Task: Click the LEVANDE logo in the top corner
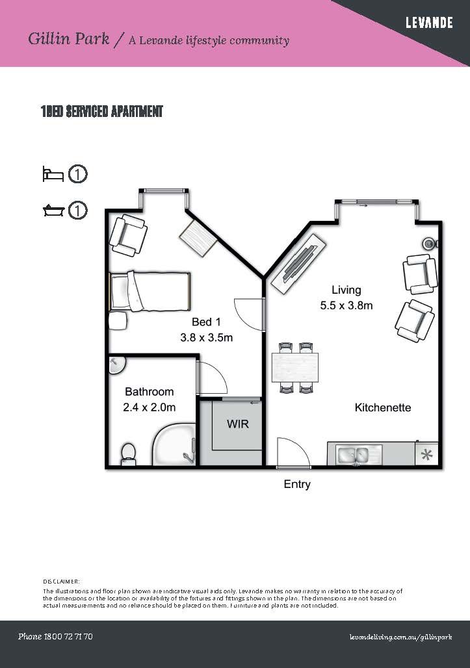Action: (429, 23)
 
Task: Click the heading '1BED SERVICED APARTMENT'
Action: (101, 112)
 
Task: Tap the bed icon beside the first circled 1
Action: (53, 174)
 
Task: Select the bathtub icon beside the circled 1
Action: (53, 211)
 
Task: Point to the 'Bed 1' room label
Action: (206, 322)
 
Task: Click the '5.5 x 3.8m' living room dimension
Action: (346, 305)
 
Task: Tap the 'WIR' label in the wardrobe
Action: (237, 424)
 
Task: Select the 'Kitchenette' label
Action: (383, 407)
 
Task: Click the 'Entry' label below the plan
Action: (297, 484)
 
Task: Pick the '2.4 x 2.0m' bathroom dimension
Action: (150, 407)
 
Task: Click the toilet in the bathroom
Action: (128, 452)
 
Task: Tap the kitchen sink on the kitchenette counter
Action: (353, 454)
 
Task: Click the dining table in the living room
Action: (296, 367)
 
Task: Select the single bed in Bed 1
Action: (150, 292)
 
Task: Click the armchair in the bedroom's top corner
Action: (128, 236)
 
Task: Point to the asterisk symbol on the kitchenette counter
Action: (427, 454)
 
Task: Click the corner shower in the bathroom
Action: (174, 446)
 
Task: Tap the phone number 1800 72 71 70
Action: (55, 636)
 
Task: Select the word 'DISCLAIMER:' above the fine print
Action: (62, 581)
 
